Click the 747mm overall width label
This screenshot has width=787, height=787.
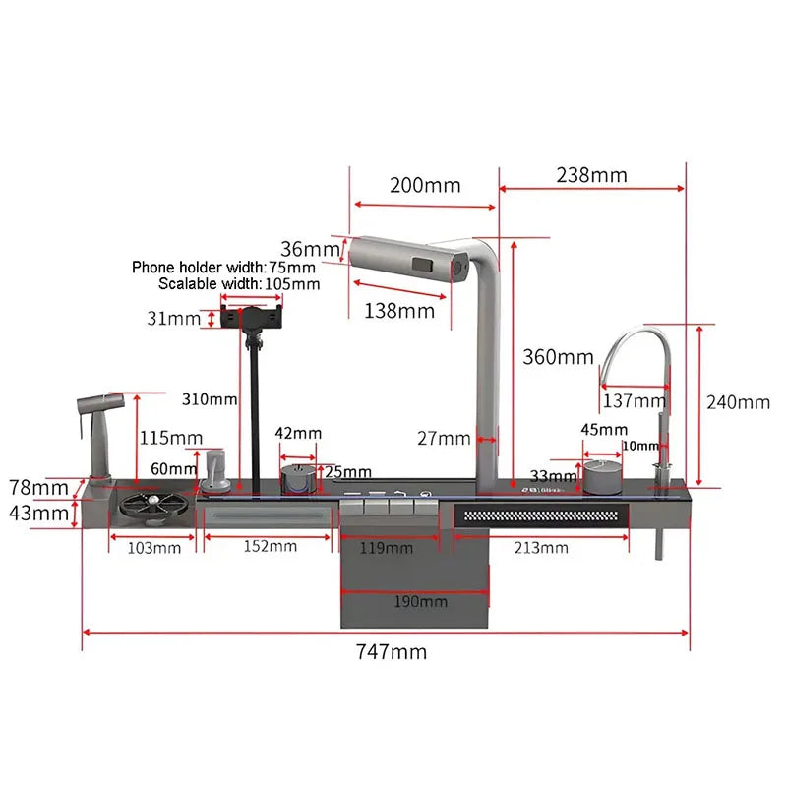[x=392, y=652]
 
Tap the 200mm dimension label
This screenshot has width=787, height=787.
[x=425, y=185]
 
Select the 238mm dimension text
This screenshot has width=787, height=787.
[x=592, y=175]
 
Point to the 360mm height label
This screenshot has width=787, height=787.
[x=558, y=357]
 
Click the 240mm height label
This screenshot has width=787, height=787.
[x=738, y=402]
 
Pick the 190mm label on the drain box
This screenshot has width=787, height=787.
[x=421, y=601]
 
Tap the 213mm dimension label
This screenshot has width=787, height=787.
[x=541, y=548]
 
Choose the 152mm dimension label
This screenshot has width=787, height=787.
[x=270, y=546]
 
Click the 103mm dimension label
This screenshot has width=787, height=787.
[x=154, y=548]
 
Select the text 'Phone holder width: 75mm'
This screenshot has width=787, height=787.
[x=224, y=267]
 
